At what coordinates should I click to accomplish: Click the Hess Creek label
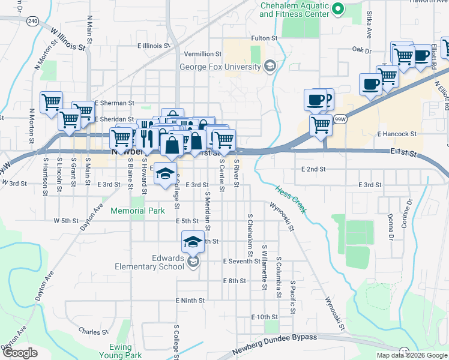pos(291,199)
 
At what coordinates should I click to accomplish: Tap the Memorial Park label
pos(137,211)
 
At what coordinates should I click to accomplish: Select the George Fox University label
pos(220,67)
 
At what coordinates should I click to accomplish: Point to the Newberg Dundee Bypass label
pos(274,338)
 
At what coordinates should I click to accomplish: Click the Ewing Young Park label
pos(125,351)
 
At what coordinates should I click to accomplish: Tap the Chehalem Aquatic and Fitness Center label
pos(295,9)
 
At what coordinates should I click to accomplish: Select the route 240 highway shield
pos(33,22)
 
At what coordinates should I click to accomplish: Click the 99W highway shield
pos(340,119)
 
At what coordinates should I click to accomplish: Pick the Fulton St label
pos(265,38)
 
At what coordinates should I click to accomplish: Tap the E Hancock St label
pos(397,134)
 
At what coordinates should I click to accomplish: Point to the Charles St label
pos(93,331)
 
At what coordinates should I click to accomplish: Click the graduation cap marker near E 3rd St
pos(165,174)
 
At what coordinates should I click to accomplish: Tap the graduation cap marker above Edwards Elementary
pos(192,241)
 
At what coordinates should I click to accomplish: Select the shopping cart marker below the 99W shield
pos(321,125)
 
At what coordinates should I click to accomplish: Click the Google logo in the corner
pos(19,353)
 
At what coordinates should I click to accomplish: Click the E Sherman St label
pos(114,103)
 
